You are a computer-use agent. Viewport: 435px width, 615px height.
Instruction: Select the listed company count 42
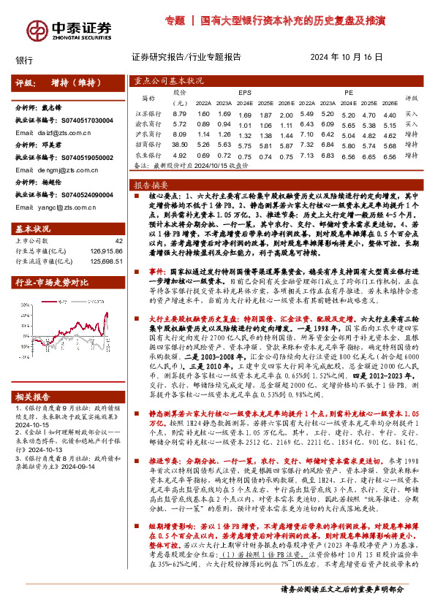[118, 240]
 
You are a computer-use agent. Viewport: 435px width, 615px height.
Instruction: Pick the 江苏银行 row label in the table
[149, 114]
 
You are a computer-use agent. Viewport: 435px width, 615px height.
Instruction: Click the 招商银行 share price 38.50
[180, 145]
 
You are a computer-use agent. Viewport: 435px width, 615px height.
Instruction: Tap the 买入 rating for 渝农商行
[411, 124]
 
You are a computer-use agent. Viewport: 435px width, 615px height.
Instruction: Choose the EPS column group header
[245, 93]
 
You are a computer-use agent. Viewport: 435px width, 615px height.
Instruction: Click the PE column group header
[349, 93]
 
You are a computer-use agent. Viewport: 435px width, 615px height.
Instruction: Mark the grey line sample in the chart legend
[83, 301]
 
